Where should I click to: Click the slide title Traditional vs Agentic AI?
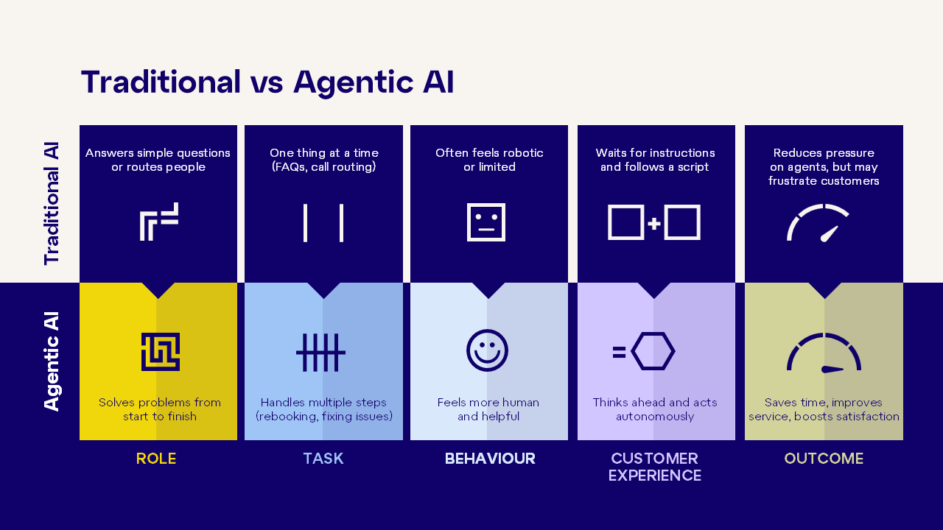click(x=267, y=82)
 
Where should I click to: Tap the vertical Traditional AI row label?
click(x=52, y=204)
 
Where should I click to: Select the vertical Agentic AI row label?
click(x=52, y=361)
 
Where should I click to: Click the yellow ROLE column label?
click(x=156, y=458)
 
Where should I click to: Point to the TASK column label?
click(x=323, y=458)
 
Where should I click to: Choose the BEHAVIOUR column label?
click(x=490, y=458)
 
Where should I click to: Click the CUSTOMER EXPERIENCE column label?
click(x=655, y=467)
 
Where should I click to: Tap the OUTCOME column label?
click(x=824, y=458)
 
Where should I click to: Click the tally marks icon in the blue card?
click(x=320, y=353)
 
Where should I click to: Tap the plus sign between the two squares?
click(x=653, y=223)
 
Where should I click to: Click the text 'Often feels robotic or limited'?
click(x=489, y=160)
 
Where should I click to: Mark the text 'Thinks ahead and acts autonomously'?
click(x=655, y=409)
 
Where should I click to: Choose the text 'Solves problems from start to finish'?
click(x=160, y=409)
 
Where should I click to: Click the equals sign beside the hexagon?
click(x=620, y=352)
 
